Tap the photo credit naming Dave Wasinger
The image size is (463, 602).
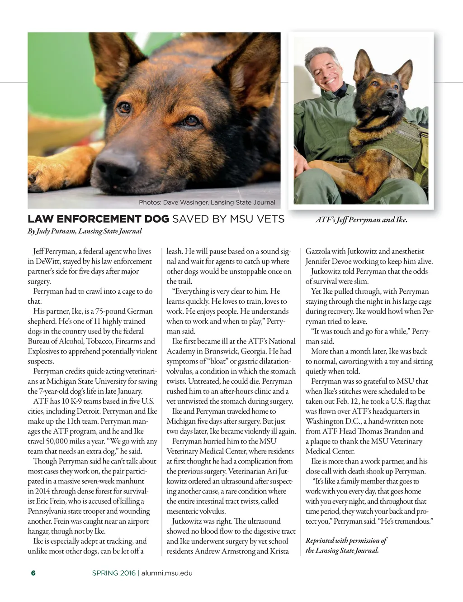pos(207,202)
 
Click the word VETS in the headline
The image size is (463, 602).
pos(270,219)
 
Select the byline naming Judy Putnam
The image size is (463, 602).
pos(85,231)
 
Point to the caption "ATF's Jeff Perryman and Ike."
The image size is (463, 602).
pos(361,220)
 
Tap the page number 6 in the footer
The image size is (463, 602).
pos(33,573)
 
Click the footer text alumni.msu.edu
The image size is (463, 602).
pos(167,573)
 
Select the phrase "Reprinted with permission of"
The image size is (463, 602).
pos(346,540)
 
